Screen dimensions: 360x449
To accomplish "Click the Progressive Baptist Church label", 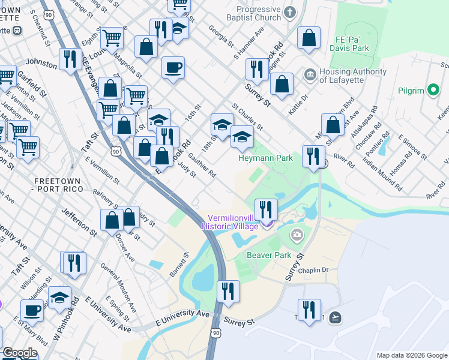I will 259,14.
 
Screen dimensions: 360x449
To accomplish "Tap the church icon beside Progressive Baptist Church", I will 290,12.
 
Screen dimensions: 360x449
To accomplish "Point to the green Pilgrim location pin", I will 433,91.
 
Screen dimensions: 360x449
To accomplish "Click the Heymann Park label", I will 265,158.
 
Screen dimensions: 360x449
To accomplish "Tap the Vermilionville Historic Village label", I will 233,222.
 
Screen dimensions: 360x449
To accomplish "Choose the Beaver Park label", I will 269,255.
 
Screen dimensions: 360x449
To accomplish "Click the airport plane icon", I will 335,317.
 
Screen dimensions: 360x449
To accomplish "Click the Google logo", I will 20,353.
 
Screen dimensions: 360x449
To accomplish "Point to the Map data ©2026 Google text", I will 411,355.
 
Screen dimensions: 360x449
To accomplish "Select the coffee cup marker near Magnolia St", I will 173,67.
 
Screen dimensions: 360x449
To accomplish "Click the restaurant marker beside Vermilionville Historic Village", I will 266,209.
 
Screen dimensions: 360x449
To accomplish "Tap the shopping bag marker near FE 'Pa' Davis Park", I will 308,37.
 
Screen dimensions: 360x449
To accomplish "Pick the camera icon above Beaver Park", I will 297,234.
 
